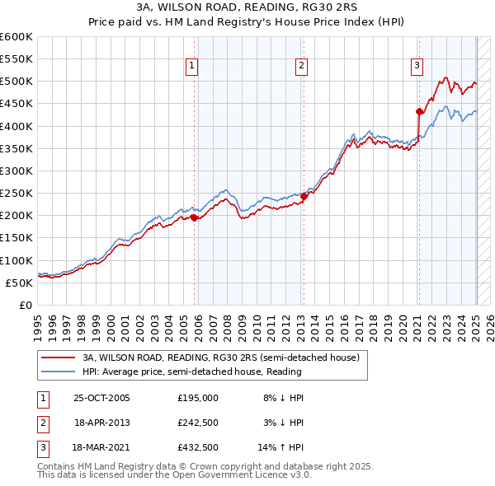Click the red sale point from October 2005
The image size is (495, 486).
195,218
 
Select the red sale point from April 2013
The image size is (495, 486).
304,196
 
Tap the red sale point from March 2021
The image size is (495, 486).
419,111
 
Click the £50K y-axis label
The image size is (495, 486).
19,283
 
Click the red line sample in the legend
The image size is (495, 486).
58,358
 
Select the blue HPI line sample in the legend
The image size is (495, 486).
58,372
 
